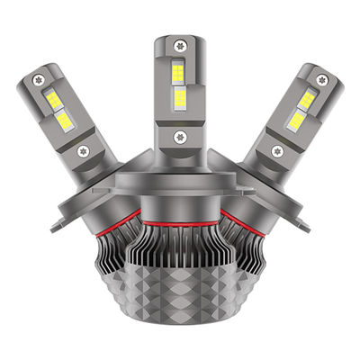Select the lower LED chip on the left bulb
pyautogui.click(x=64, y=121)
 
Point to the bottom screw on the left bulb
pyautogui.click(x=83, y=150)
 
